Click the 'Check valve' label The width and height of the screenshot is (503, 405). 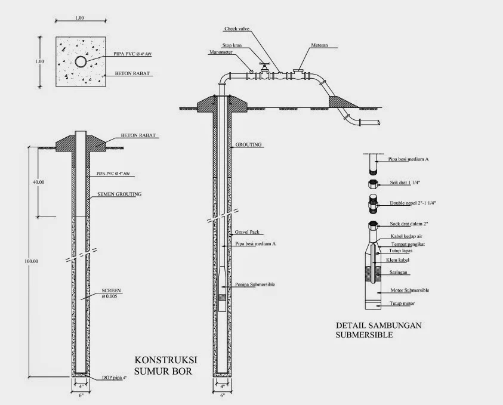236,29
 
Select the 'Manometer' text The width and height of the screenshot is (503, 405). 221,52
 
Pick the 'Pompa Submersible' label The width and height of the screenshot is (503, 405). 255,285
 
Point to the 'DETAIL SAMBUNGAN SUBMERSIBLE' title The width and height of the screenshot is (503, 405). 378,330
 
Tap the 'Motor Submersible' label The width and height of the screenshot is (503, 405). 409,290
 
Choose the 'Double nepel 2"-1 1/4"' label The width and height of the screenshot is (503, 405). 412,203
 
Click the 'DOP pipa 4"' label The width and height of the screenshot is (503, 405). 113,378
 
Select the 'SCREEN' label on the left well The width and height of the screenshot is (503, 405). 112,290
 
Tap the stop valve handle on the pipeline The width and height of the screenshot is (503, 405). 262,64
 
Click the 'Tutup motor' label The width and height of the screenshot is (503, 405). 403,304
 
